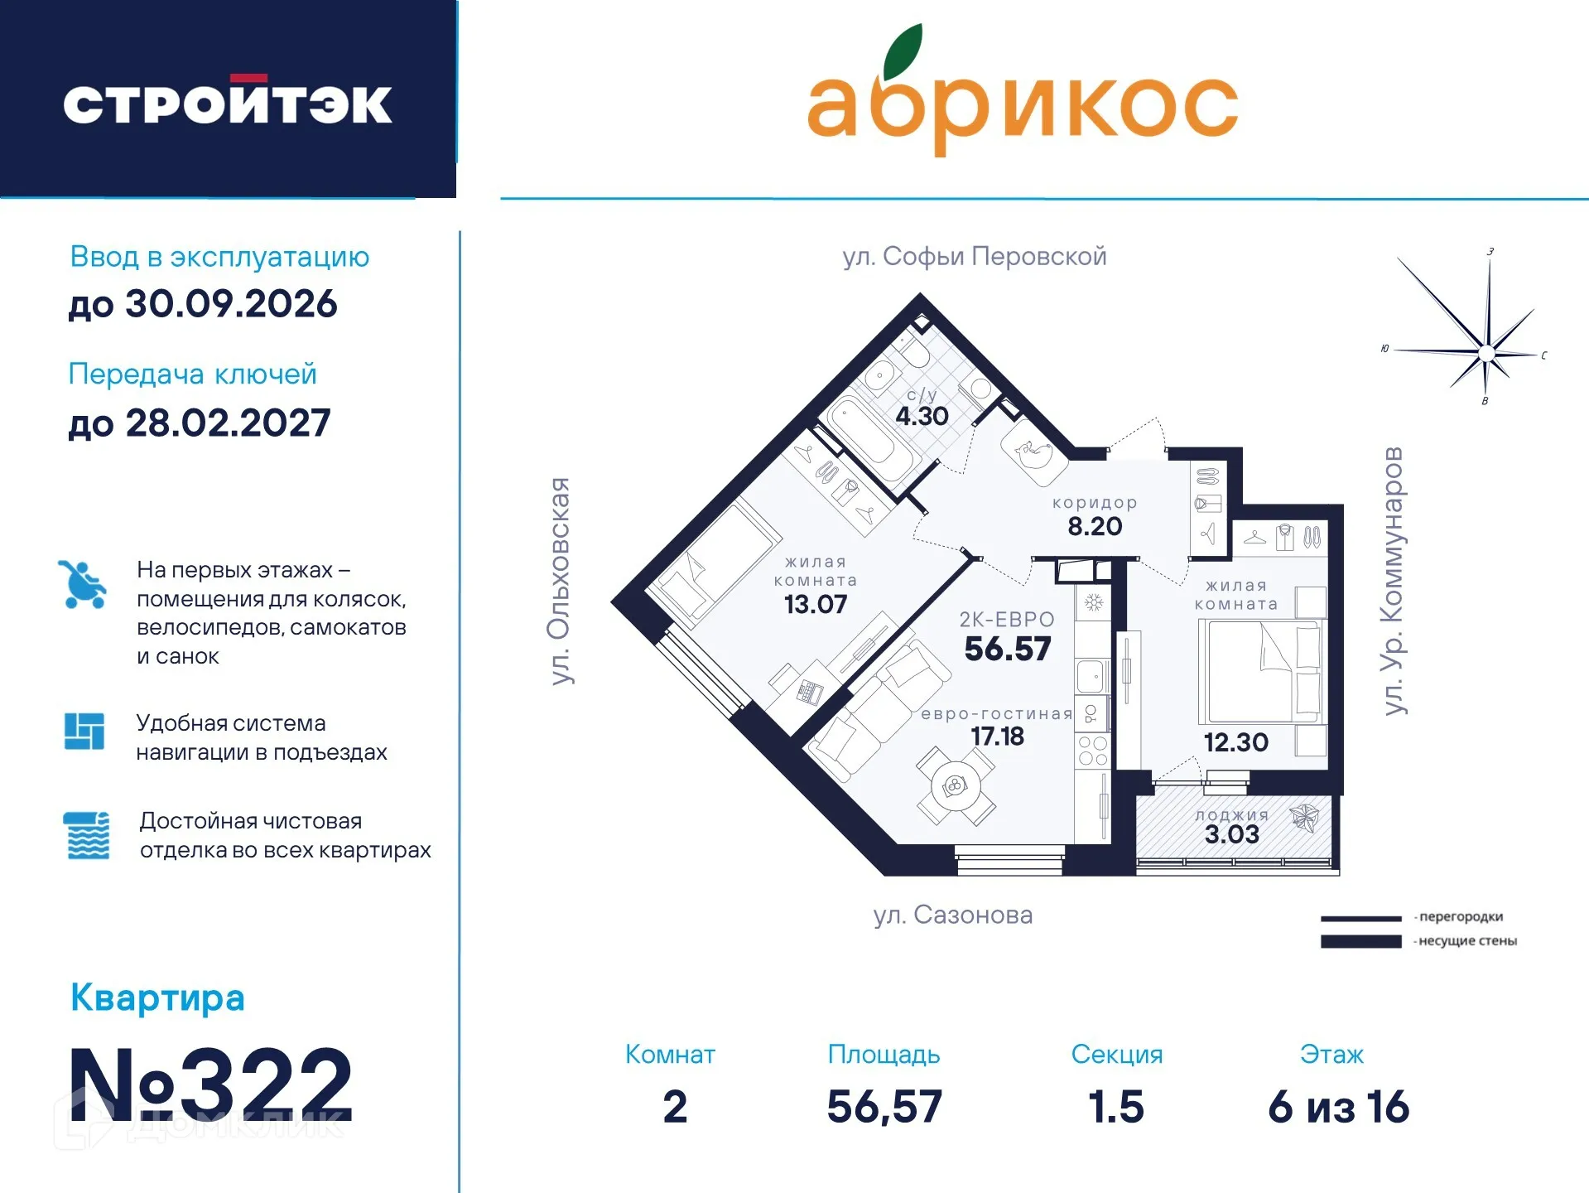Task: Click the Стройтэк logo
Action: (x=227, y=103)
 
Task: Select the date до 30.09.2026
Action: (x=203, y=304)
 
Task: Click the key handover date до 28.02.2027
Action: (x=200, y=423)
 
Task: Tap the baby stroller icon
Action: (x=83, y=584)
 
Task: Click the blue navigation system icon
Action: (x=84, y=732)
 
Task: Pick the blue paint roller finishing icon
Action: (x=86, y=835)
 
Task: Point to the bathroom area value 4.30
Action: (x=922, y=416)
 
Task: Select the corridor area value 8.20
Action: (x=1095, y=526)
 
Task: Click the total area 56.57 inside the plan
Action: (x=1008, y=649)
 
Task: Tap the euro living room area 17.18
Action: (x=997, y=737)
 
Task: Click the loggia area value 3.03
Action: (x=1231, y=834)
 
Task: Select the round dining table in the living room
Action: (x=955, y=785)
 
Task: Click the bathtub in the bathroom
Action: (x=869, y=439)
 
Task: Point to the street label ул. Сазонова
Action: (x=952, y=915)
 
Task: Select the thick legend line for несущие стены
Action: (x=1360, y=941)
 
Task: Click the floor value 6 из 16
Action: (x=1338, y=1107)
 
